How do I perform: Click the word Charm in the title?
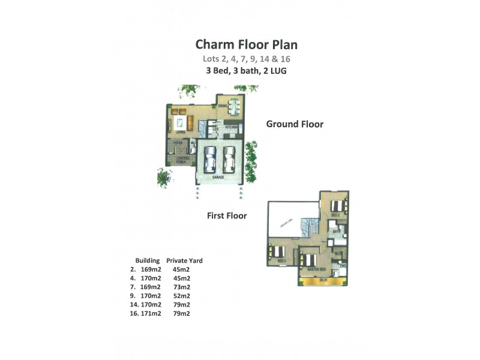pyautogui.click(x=215, y=44)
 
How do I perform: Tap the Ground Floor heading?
pyautogui.click(x=295, y=124)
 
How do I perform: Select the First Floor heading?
pyautogui.click(x=227, y=215)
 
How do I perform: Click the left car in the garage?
pyautogui.click(x=209, y=159)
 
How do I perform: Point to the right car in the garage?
pyautogui.click(x=230, y=159)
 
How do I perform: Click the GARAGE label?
pyautogui.click(x=219, y=178)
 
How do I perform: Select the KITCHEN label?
pyautogui.click(x=232, y=128)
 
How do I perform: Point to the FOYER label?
pyautogui.click(x=178, y=143)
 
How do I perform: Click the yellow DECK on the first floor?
pyautogui.click(x=323, y=280)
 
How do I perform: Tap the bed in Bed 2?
pyautogui.click(x=337, y=207)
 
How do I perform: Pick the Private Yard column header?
pyautogui.click(x=184, y=261)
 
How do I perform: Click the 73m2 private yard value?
pyautogui.click(x=181, y=287)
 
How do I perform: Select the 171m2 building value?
pyautogui.click(x=151, y=313)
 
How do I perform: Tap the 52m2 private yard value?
pyautogui.click(x=181, y=296)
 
